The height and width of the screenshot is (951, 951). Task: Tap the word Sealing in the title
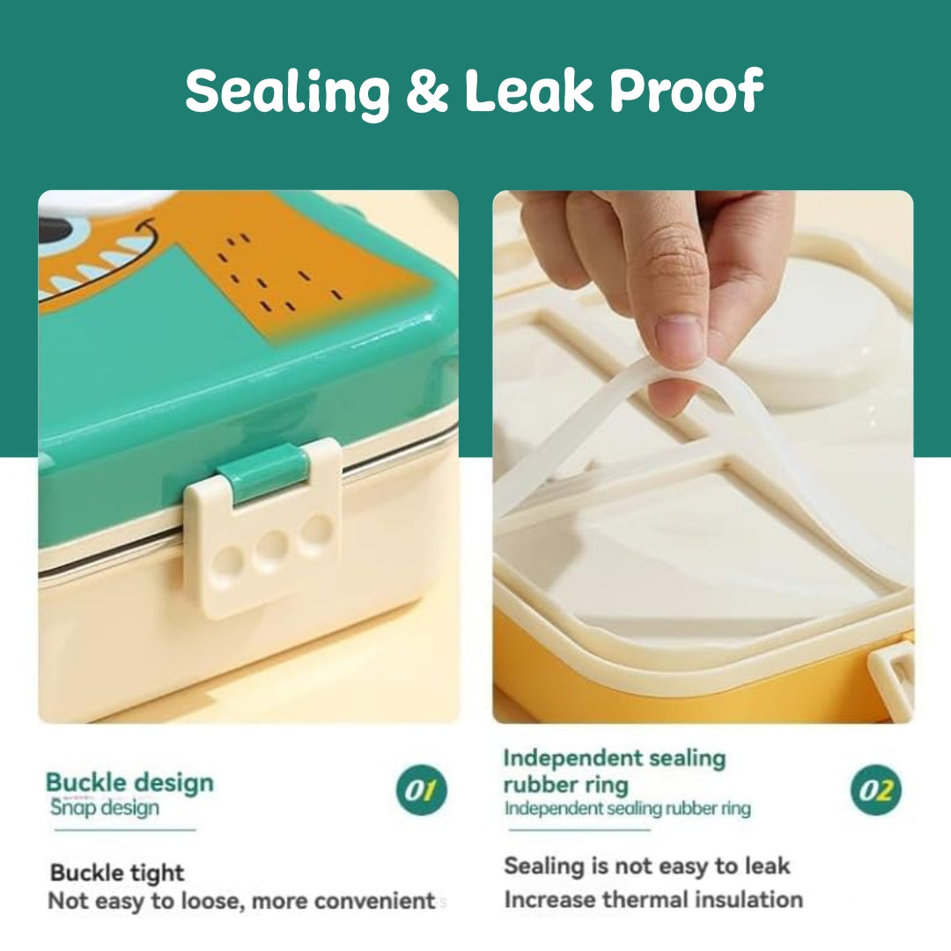point(288,92)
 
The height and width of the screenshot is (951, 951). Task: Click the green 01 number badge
point(422,790)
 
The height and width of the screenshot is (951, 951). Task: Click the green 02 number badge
point(876,790)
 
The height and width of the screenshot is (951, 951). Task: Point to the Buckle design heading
point(129,783)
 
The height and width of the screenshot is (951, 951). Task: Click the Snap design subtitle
point(105,807)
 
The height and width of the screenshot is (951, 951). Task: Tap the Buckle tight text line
point(117,873)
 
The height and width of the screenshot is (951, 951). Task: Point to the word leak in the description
point(765,866)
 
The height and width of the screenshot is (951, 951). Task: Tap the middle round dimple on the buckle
point(272,548)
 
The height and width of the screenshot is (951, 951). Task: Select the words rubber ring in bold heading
point(566,785)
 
